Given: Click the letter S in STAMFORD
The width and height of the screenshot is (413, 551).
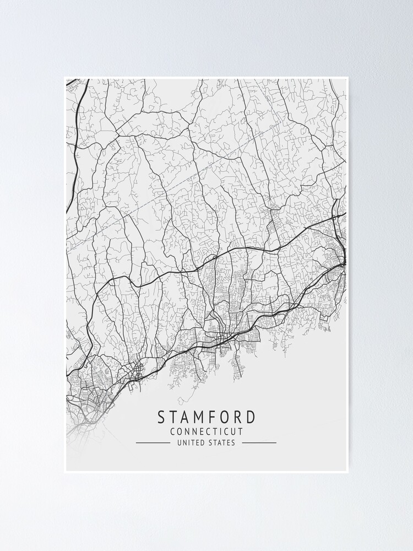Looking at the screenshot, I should [x=162, y=417].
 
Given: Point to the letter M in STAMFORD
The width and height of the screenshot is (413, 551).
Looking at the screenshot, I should [x=204, y=417].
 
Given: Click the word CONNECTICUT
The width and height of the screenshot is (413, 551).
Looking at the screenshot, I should [x=206, y=431].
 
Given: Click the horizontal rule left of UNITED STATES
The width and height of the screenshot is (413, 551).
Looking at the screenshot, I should [x=153, y=442].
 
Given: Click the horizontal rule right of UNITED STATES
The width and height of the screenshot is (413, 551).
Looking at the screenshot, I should [x=259, y=442].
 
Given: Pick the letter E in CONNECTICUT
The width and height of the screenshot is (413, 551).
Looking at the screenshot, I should [x=200, y=431].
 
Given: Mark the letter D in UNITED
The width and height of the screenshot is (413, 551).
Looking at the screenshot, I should [x=204, y=442].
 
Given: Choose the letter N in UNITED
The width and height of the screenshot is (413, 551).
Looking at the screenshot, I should [x=184, y=442].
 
